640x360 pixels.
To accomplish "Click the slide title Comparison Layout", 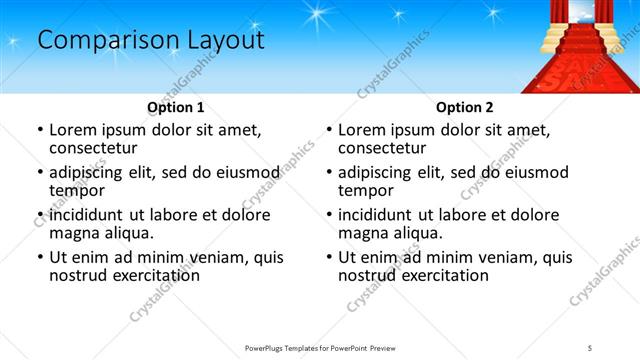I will point(151,40).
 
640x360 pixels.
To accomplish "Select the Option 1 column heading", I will point(175,107).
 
